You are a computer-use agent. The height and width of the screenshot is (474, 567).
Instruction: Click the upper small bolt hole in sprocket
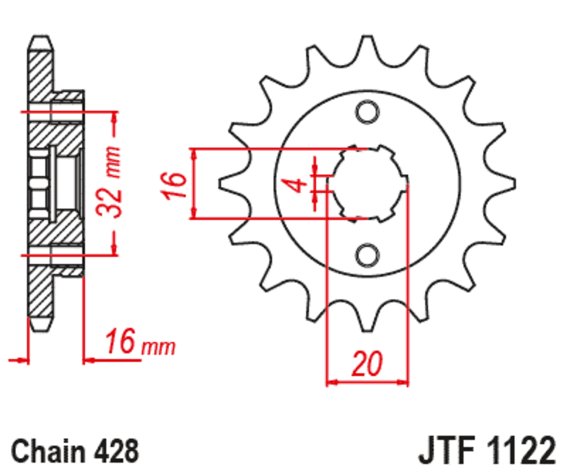[367, 112]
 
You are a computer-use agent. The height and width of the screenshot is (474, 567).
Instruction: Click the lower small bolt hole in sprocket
[367, 253]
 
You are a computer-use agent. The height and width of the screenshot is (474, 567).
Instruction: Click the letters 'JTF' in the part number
[442, 452]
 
